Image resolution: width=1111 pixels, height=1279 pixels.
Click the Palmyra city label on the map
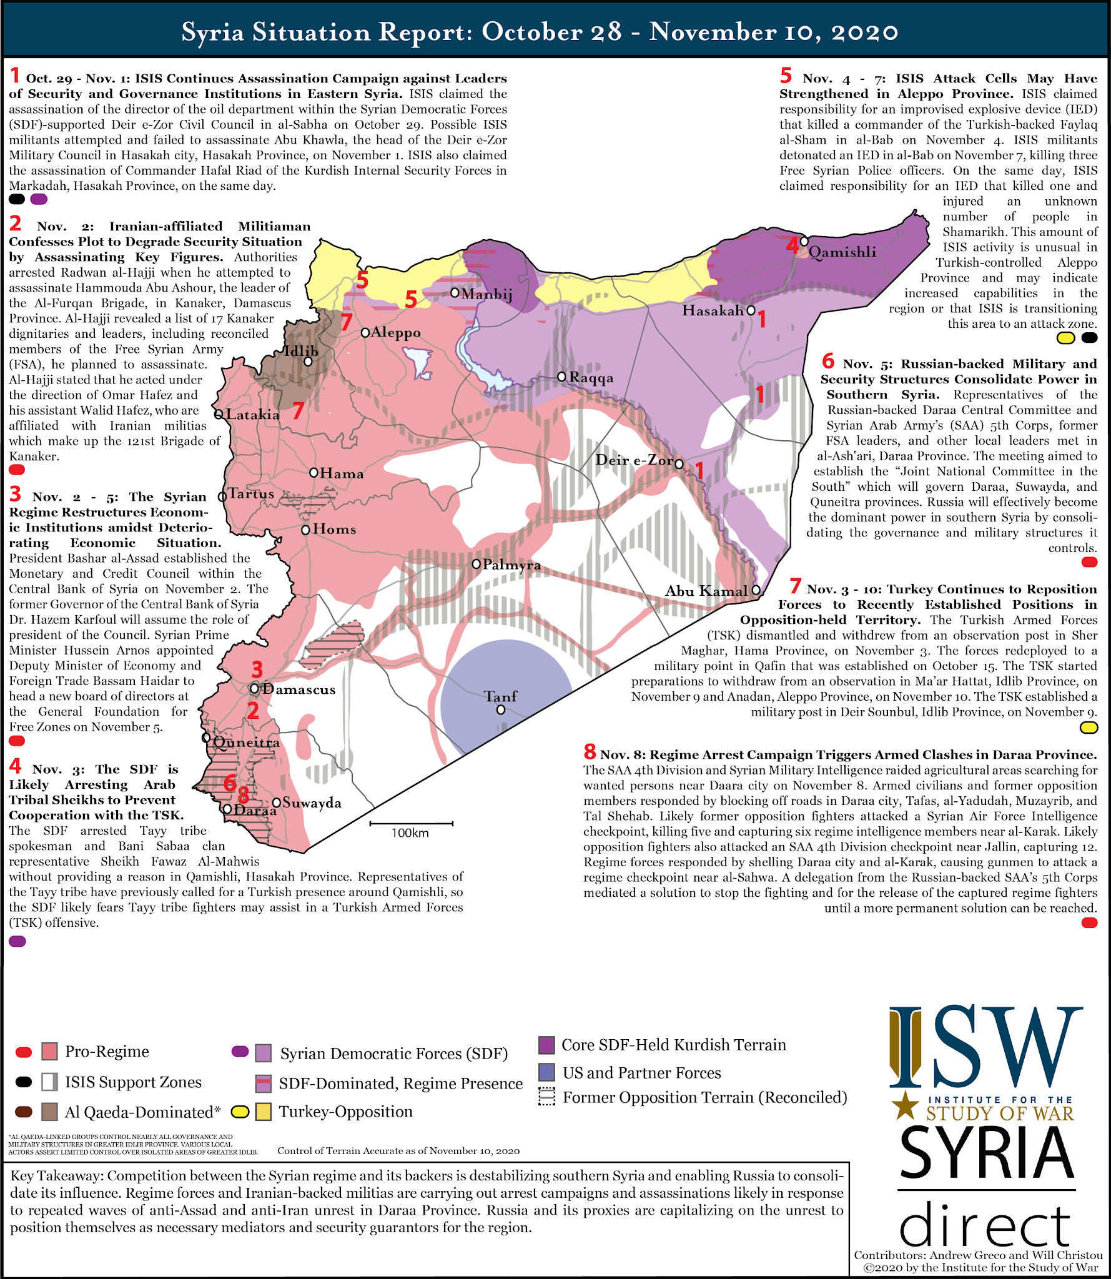coord(511,565)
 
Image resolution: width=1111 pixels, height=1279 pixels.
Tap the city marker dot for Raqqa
coord(561,377)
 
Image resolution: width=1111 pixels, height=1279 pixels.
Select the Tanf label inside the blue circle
coord(501,696)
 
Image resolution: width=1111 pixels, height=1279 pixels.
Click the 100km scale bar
coord(411,824)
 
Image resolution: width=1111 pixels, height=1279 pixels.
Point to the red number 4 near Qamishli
coord(792,245)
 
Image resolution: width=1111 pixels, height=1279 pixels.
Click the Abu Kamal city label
coord(706,591)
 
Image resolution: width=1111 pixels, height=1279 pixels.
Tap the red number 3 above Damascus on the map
coord(257,669)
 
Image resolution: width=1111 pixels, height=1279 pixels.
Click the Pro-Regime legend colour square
coord(50,1051)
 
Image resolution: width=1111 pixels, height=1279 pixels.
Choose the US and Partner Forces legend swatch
coord(546,1072)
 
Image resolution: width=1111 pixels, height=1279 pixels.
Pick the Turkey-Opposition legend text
coord(345,1112)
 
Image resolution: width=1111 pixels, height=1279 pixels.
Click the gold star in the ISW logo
coord(904,1105)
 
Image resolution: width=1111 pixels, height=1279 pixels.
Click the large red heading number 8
coord(590,751)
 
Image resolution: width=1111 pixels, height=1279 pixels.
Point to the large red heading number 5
coord(786,76)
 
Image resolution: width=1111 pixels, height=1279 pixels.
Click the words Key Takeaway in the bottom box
coord(56,1176)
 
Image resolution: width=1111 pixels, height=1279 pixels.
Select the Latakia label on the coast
coord(252,415)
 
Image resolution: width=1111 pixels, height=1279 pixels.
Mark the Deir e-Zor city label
coord(634,460)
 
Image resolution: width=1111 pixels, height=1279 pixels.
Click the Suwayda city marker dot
coord(276,802)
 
